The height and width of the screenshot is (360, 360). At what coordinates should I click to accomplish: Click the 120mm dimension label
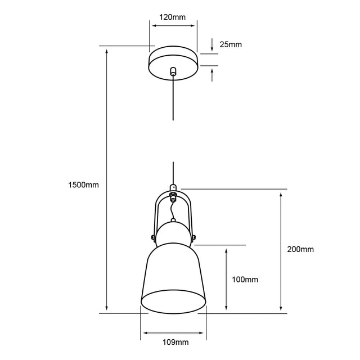click(x=173, y=17)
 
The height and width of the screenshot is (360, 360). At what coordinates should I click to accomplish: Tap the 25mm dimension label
click(x=231, y=44)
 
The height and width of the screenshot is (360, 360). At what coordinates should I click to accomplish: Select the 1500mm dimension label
click(x=84, y=185)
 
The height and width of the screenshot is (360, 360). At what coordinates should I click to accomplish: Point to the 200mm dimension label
click(x=300, y=249)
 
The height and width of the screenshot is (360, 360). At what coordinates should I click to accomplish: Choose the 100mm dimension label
click(x=245, y=280)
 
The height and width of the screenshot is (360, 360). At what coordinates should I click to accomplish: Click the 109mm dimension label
click(x=175, y=343)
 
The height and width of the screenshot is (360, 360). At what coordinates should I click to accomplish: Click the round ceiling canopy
click(x=173, y=63)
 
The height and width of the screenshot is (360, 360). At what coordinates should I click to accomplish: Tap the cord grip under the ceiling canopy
click(x=173, y=71)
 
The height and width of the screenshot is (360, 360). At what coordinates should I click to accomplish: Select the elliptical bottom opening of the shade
click(x=173, y=301)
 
